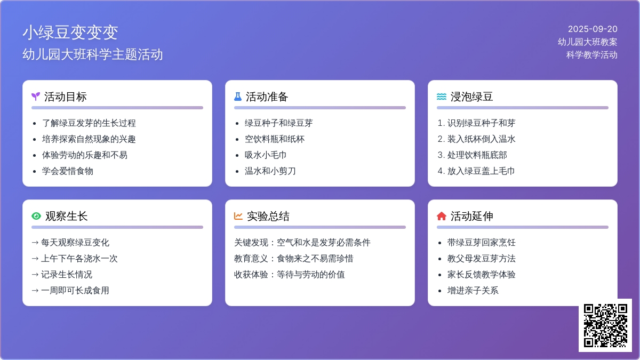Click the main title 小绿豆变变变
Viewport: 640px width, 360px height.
(x=70, y=33)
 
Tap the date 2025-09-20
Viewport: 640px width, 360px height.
(x=593, y=29)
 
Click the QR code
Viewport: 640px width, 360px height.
(x=605, y=325)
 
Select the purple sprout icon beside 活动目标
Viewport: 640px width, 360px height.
(x=36, y=97)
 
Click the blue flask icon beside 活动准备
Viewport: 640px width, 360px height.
(x=238, y=97)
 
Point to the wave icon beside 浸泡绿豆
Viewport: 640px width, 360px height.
(x=442, y=97)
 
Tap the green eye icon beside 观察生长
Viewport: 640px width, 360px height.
(x=36, y=216)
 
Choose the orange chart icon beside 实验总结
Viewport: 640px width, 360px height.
(x=238, y=216)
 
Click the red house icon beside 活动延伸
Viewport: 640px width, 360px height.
(x=442, y=216)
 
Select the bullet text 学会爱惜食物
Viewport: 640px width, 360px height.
(x=67, y=171)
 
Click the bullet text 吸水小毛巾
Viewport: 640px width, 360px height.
(x=266, y=155)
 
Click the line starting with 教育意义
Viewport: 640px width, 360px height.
(x=294, y=259)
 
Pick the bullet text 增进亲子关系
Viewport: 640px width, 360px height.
(x=473, y=291)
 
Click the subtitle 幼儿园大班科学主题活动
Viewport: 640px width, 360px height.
(x=93, y=54)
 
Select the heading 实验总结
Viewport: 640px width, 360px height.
(x=268, y=216)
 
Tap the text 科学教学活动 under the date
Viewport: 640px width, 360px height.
(x=591, y=54)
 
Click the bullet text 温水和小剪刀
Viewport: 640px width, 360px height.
(x=270, y=171)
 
